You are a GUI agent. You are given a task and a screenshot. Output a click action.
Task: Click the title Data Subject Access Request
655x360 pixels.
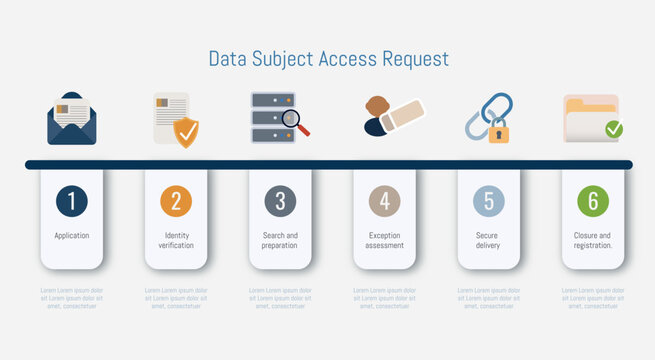pyautogui.click(x=328, y=59)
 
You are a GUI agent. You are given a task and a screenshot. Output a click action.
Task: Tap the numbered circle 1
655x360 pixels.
pyautogui.click(x=72, y=201)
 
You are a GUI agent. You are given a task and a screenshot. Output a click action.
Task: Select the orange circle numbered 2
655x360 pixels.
pyautogui.click(x=176, y=201)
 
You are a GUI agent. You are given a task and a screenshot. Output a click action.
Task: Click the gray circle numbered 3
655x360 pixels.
pyautogui.click(x=280, y=201)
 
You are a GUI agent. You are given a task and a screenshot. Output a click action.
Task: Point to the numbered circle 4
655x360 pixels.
pyautogui.click(x=384, y=201)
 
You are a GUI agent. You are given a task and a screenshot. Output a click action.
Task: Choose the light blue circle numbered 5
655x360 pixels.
pyautogui.click(x=488, y=201)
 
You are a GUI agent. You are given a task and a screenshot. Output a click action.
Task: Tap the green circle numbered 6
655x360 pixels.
pyautogui.click(x=593, y=201)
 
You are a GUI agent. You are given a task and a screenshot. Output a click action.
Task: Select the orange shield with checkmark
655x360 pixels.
pyautogui.click(x=186, y=131)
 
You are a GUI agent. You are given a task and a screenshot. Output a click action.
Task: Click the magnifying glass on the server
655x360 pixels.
pyautogui.click(x=293, y=122)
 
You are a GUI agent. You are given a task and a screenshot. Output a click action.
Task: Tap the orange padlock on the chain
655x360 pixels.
pyautogui.click(x=498, y=131)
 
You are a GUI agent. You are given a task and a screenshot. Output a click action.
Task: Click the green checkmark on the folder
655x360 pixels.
pyautogui.click(x=614, y=129)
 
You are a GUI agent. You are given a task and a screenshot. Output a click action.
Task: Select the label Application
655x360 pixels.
pyautogui.click(x=72, y=236)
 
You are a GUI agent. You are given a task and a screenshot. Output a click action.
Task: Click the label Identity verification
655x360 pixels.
pyautogui.click(x=176, y=240)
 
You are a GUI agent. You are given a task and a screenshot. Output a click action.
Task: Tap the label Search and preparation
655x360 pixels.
pyautogui.click(x=280, y=240)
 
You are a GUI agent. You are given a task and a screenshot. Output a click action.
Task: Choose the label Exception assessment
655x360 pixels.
pyautogui.click(x=384, y=240)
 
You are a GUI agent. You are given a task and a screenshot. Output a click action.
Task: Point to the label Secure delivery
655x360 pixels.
pyautogui.click(x=488, y=240)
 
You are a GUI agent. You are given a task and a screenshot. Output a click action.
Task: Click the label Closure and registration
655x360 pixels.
pyautogui.click(x=593, y=240)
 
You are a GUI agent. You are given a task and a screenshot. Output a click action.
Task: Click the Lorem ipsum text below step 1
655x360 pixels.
pyautogui.click(x=72, y=298)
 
